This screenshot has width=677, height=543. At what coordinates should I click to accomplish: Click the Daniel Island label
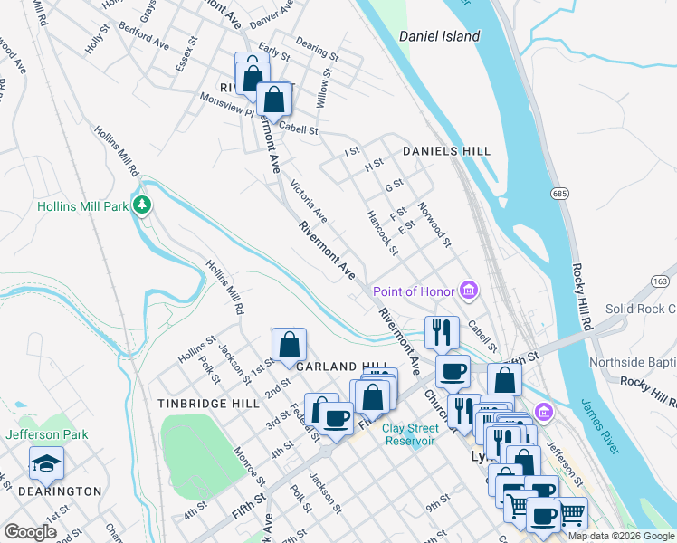(x=439, y=37)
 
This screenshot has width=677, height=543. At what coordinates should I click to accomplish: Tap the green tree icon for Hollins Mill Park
(x=141, y=205)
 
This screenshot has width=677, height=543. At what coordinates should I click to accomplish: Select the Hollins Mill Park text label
(x=81, y=206)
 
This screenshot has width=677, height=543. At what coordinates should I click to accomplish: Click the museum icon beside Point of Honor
(x=469, y=291)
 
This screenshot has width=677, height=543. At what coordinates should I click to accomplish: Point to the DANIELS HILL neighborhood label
(x=446, y=151)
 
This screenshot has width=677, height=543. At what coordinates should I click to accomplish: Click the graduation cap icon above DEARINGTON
(x=46, y=464)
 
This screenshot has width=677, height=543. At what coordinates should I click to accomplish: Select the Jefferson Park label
(x=47, y=434)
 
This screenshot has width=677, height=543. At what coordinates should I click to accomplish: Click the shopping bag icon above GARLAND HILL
(x=290, y=345)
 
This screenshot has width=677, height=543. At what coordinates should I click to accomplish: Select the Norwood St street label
(x=434, y=224)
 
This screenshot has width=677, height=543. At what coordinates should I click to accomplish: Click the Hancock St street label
(x=381, y=232)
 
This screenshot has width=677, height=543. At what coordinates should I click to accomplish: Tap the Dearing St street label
(x=317, y=49)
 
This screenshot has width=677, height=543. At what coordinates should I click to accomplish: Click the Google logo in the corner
(x=30, y=532)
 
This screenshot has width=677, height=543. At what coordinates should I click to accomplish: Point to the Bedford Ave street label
(x=144, y=37)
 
